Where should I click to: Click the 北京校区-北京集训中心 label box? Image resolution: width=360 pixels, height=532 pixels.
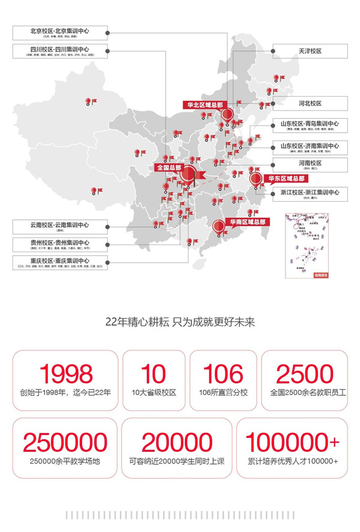pyautogui.click(x=59, y=33)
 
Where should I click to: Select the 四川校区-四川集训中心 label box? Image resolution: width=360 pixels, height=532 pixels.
pyautogui.click(x=59, y=52)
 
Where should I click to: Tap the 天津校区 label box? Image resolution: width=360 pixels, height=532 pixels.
pyautogui.click(x=310, y=52)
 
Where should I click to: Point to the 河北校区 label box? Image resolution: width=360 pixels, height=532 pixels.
pyautogui.click(x=310, y=103)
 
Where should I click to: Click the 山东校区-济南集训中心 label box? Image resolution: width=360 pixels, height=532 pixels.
pyautogui.click(x=310, y=148)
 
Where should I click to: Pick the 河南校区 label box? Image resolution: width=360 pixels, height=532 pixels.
pyautogui.click(x=310, y=165)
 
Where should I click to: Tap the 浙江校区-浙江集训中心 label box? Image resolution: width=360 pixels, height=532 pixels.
pyautogui.click(x=310, y=194)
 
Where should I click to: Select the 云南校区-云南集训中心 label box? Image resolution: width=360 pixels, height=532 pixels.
pyautogui.click(x=59, y=226)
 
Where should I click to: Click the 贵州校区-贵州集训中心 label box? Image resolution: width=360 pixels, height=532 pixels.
pyautogui.click(x=59, y=244)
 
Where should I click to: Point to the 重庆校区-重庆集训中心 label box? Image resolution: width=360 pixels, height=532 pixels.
pyautogui.click(x=59, y=263)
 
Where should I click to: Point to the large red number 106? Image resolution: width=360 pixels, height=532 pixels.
pyautogui.click(x=223, y=373)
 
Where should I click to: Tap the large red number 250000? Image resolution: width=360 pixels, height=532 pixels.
pyautogui.click(x=65, y=443)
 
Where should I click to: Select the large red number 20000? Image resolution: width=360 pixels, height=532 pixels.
pyautogui.click(x=176, y=443)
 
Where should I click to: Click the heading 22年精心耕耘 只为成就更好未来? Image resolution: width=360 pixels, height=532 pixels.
pyautogui.click(x=180, y=322)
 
